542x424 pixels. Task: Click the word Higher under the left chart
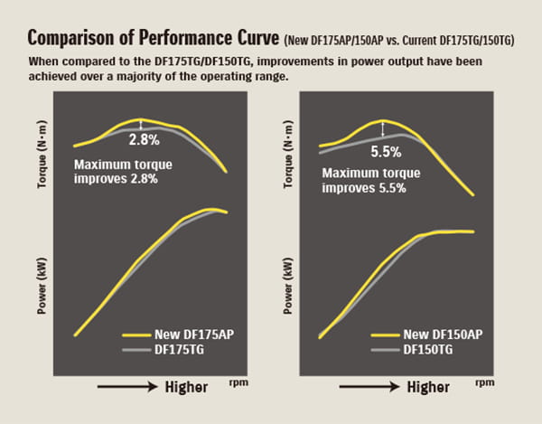187,386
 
